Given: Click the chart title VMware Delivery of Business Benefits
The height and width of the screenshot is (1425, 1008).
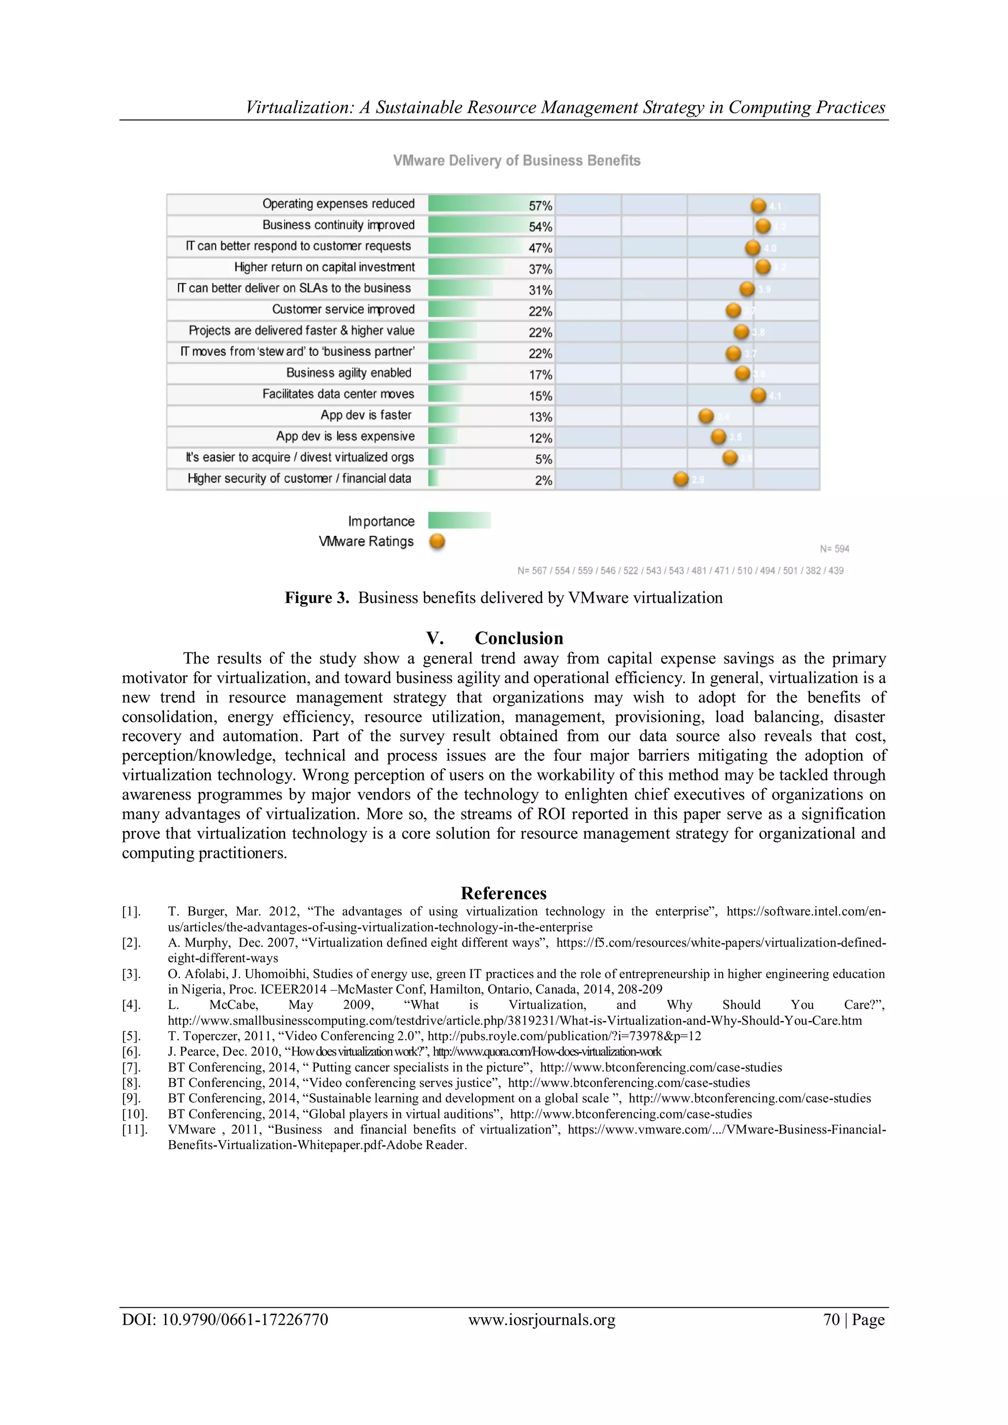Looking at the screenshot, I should tap(516, 161).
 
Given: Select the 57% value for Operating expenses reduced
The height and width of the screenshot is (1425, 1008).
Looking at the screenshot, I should tap(540, 205).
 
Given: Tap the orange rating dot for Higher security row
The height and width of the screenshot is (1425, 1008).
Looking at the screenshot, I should tap(681, 479).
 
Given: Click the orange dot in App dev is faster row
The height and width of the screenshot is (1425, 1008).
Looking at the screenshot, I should tap(706, 416).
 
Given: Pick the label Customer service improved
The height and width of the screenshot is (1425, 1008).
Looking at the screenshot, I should tap(343, 309).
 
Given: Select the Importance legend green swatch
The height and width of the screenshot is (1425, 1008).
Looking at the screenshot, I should tap(459, 520).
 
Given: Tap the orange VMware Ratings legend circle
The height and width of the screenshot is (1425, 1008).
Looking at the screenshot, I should tap(437, 541).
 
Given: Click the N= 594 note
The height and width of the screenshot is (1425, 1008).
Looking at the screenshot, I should tap(834, 549).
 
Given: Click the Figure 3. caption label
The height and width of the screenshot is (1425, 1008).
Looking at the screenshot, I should tap(316, 598).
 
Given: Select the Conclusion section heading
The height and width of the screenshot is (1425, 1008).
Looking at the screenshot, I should tap(518, 638).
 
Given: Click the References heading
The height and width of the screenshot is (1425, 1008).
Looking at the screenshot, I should tap(504, 893).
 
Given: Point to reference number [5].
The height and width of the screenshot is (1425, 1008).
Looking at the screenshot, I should tap(131, 1036).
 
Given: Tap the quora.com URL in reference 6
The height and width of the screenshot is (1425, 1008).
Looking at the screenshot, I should tap(547, 1052).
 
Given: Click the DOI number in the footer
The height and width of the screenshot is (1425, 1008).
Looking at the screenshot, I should tap(245, 1320).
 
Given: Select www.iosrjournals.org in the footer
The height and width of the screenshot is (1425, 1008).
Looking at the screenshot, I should tap(541, 1320).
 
